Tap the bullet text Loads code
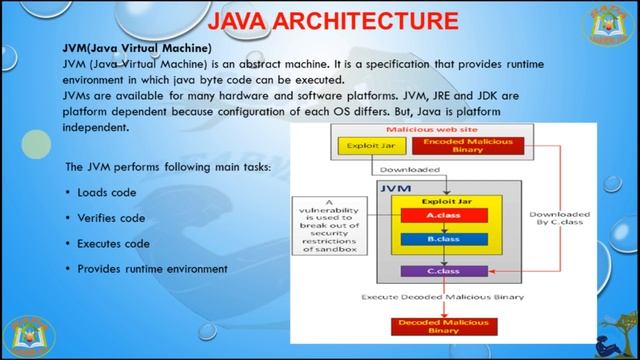[x=106, y=192]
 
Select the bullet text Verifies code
[x=111, y=218]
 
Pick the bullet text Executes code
[x=113, y=243]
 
